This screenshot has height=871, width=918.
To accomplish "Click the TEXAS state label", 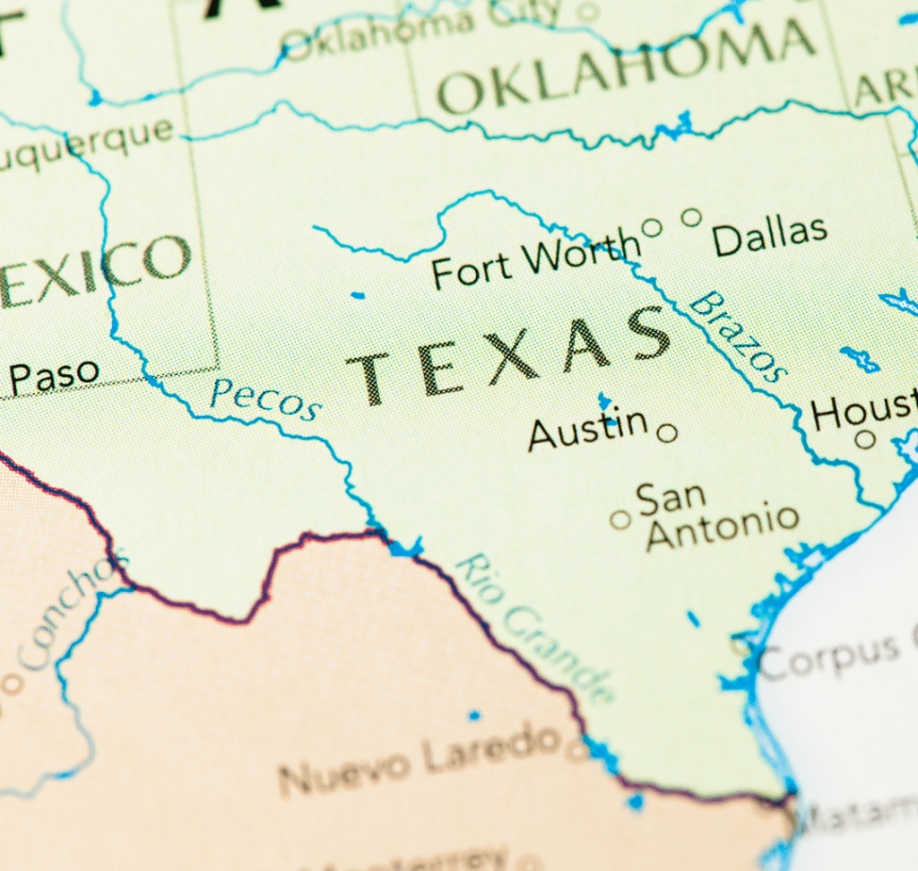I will [509, 354].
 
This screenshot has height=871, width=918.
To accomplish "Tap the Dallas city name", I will [769, 236].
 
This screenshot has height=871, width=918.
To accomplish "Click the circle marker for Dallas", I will [691, 217].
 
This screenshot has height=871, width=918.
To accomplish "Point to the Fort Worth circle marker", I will [652, 228].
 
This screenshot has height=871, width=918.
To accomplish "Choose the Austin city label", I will [587, 429].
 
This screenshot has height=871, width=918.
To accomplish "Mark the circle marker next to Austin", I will [667, 434].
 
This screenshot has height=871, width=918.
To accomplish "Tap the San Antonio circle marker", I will [619, 519].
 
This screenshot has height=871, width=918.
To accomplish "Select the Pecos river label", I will [264, 399].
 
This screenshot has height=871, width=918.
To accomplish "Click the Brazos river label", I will [739, 335].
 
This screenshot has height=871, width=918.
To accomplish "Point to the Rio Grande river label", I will [536, 628].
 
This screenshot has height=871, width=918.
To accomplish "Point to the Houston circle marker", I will [864, 439].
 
